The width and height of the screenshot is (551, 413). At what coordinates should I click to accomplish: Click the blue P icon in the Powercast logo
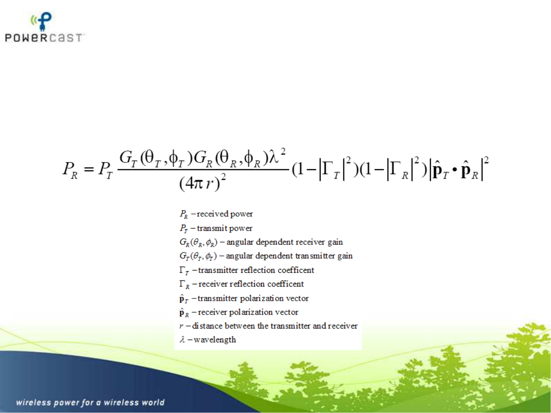[x=45, y=21]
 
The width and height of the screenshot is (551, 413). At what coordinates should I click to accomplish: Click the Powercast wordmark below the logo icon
[x=44, y=38]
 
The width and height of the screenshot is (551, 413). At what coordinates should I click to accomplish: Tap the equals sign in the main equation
[x=89, y=169]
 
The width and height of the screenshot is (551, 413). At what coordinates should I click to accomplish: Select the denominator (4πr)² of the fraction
[x=202, y=183]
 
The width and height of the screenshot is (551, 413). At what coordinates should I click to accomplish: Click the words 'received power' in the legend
[x=225, y=214]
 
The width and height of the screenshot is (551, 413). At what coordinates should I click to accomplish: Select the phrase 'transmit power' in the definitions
[x=224, y=228]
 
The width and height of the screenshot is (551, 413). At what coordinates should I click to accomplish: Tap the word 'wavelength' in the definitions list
[x=215, y=340]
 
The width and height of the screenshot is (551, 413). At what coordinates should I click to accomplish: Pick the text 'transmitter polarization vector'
[x=253, y=298]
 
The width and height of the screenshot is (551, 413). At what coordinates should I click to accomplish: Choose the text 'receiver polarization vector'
[x=248, y=312]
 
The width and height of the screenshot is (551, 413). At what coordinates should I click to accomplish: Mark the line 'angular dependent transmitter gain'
[x=289, y=256]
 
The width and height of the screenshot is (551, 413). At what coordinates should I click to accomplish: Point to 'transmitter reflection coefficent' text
[x=256, y=270]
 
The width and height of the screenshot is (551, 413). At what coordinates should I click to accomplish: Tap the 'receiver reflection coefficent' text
[x=251, y=284]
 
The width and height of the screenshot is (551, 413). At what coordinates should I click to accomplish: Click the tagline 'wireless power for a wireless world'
[x=90, y=402]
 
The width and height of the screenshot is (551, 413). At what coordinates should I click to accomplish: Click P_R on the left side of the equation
[x=70, y=170]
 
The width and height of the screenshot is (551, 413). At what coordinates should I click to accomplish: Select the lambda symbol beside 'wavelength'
[x=182, y=339]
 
